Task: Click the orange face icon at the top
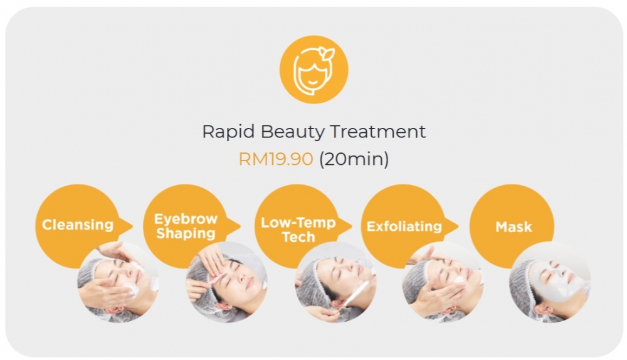(313, 70)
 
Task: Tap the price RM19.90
(275, 159)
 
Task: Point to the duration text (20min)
(354, 159)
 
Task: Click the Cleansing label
(78, 225)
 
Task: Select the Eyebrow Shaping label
(186, 226)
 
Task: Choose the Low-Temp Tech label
(298, 230)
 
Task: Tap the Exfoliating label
(404, 226)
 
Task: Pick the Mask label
(514, 226)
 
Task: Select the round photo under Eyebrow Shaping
(226, 282)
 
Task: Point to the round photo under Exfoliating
(443, 282)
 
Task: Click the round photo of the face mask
(550, 282)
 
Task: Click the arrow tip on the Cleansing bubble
(130, 225)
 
